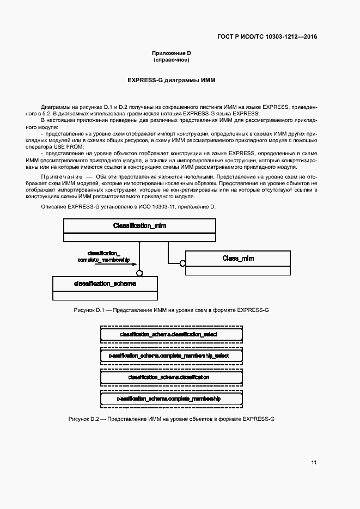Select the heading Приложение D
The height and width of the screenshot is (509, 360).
pyautogui.click(x=171, y=53)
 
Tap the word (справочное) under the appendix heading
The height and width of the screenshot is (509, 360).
pyautogui.click(x=171, y=60)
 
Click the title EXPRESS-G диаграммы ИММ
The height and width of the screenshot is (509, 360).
pyautogui.click(x=172, y=80)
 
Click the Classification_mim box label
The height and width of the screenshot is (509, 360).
pyautogui.click(x=139, y=225)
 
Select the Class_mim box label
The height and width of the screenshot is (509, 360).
pyautogui.click(x=238, y=258)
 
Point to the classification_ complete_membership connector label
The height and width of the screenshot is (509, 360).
pyautogui.click(x=103, y=257)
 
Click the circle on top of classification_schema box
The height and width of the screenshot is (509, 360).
pyautogui.click(x=139, y=273)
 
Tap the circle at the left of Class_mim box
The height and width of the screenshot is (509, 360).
pyautogui.click(x=183, y=263)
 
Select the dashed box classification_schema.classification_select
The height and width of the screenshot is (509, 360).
pyautogui.click(x=172, y=334)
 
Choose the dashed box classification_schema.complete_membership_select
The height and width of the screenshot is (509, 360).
pyautogui.click(x=172, y=355)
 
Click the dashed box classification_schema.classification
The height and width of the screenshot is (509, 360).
pyautogui.click(x=172, y=377)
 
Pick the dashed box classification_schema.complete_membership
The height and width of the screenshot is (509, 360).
pyautogui.click(x=172, y=399)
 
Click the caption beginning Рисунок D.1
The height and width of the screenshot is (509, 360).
pyautogui.click(x=172, y=310)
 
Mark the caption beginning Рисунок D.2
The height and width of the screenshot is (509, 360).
pyautogui.click(x=172, y=420)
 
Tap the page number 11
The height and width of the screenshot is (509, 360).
pyautogui.click(x=314, y=463)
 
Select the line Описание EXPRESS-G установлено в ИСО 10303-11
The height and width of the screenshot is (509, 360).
pyautogui.click(x=129, y=207)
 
